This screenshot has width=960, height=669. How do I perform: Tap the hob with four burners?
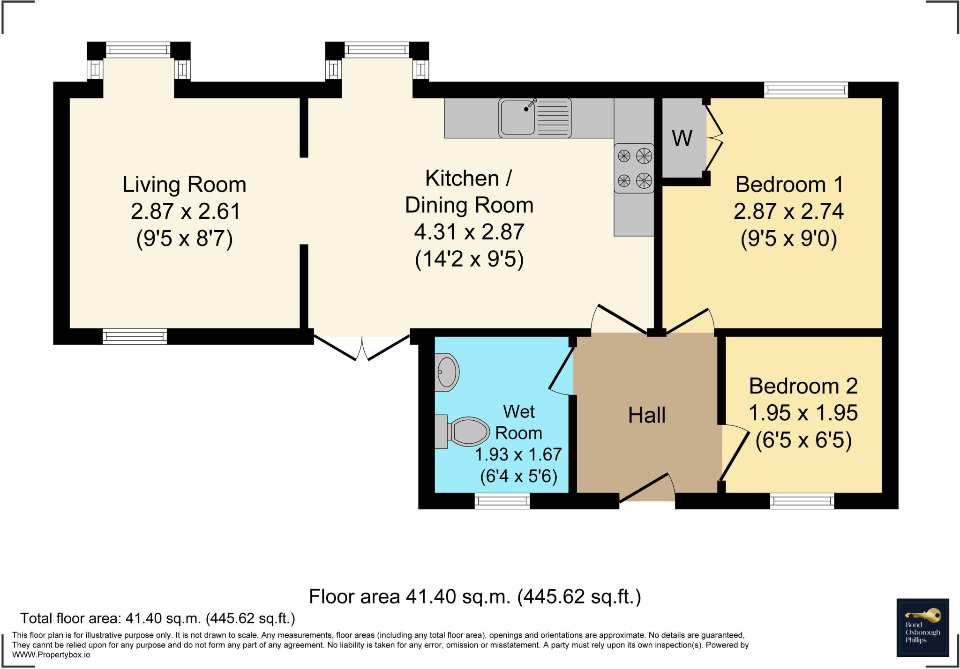click(x=634, y=168)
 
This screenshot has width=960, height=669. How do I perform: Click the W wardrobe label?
click(x=682, y=138)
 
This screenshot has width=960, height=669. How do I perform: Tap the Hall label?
click(x=647, y=415)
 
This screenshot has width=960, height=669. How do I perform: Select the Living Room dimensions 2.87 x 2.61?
click(x=186, y=211)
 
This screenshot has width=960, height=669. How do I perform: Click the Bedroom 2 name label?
click(x=803, y=386)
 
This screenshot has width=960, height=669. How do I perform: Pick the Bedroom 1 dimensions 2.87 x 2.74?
click(x=789, y=211)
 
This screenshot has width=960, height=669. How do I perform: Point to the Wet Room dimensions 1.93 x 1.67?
click(x=518, y=454)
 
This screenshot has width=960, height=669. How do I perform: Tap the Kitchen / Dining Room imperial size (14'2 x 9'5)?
click(x=469, y=259)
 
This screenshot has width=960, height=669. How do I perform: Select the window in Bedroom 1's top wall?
click(x=806, y=90)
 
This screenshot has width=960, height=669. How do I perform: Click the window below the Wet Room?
click(x=502, y=501)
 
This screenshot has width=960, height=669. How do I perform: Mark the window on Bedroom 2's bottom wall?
click(x=802, y=501)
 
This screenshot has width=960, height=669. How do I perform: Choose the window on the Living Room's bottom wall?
click(x=135, y=336)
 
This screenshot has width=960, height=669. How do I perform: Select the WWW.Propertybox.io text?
click(x=51, y=654)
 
